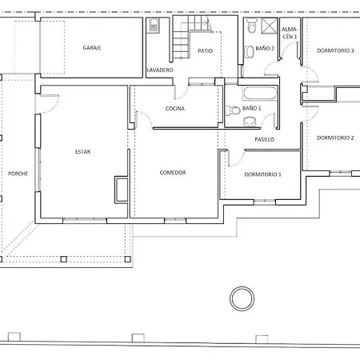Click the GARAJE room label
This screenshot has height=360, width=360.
[x=92, y=48]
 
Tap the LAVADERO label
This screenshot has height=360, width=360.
[x=160, y=70]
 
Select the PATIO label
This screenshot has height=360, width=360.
[x=205, y=50]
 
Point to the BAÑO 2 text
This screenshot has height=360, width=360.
[x=265, y=48]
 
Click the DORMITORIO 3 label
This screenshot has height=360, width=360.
[x=335, y=50]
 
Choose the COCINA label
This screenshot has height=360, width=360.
[x=175, y=109]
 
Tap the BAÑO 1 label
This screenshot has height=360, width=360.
[x=252, y=108]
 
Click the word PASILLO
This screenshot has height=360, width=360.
[x=264, y=139]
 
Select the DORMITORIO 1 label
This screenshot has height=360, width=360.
[x=262, y=174]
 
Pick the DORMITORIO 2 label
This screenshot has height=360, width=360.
[x=335, y=138]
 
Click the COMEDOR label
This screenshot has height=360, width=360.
[x=173, y=173]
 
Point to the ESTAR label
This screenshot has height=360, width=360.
[x=82, y=152]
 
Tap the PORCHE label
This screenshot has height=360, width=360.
[x=18, y=174]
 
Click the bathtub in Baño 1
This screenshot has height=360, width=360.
[x=260, y=94]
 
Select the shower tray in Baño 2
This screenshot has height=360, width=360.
[x=270, y=26]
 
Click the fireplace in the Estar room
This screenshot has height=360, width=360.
[x=122, y=190]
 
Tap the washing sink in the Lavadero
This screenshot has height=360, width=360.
[x=154, y=25]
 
